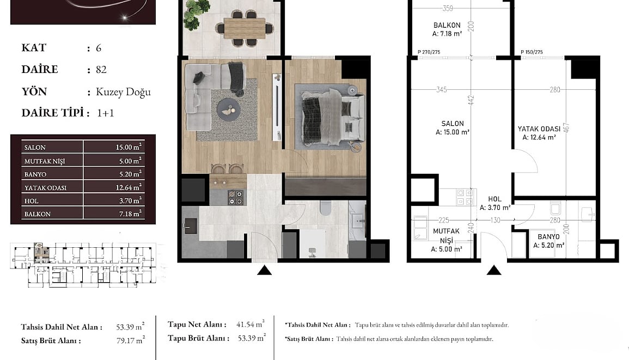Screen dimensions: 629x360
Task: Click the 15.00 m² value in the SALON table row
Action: (129, 147)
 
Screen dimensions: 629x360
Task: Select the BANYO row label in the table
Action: (35, 174)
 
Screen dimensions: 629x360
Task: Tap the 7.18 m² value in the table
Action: (130, 213)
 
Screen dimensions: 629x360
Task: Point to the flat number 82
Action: (101, 69)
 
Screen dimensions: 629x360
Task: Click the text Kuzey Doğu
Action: (123, 92)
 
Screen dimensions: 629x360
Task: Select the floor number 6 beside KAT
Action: (99, 48)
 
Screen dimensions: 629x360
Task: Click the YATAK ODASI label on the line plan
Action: (539, 129)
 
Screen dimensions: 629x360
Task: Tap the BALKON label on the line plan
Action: (447, 25)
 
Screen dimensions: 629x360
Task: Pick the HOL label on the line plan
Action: (494, 199)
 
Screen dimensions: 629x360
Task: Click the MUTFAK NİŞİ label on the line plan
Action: (446, 236)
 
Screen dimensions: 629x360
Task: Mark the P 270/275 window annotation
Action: (429, 52)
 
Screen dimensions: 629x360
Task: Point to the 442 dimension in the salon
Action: (471, 100)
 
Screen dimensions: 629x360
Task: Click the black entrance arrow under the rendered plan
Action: (264, 271)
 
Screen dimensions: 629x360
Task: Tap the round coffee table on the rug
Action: (229, 109)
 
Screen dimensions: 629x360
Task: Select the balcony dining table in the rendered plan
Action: (245, 28)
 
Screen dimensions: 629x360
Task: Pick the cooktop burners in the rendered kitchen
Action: (235, 198)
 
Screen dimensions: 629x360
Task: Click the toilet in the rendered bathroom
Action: (325, 208)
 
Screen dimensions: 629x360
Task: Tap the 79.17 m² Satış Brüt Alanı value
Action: (130, 340)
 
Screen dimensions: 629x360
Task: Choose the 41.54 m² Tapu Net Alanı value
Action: (251, 324)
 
